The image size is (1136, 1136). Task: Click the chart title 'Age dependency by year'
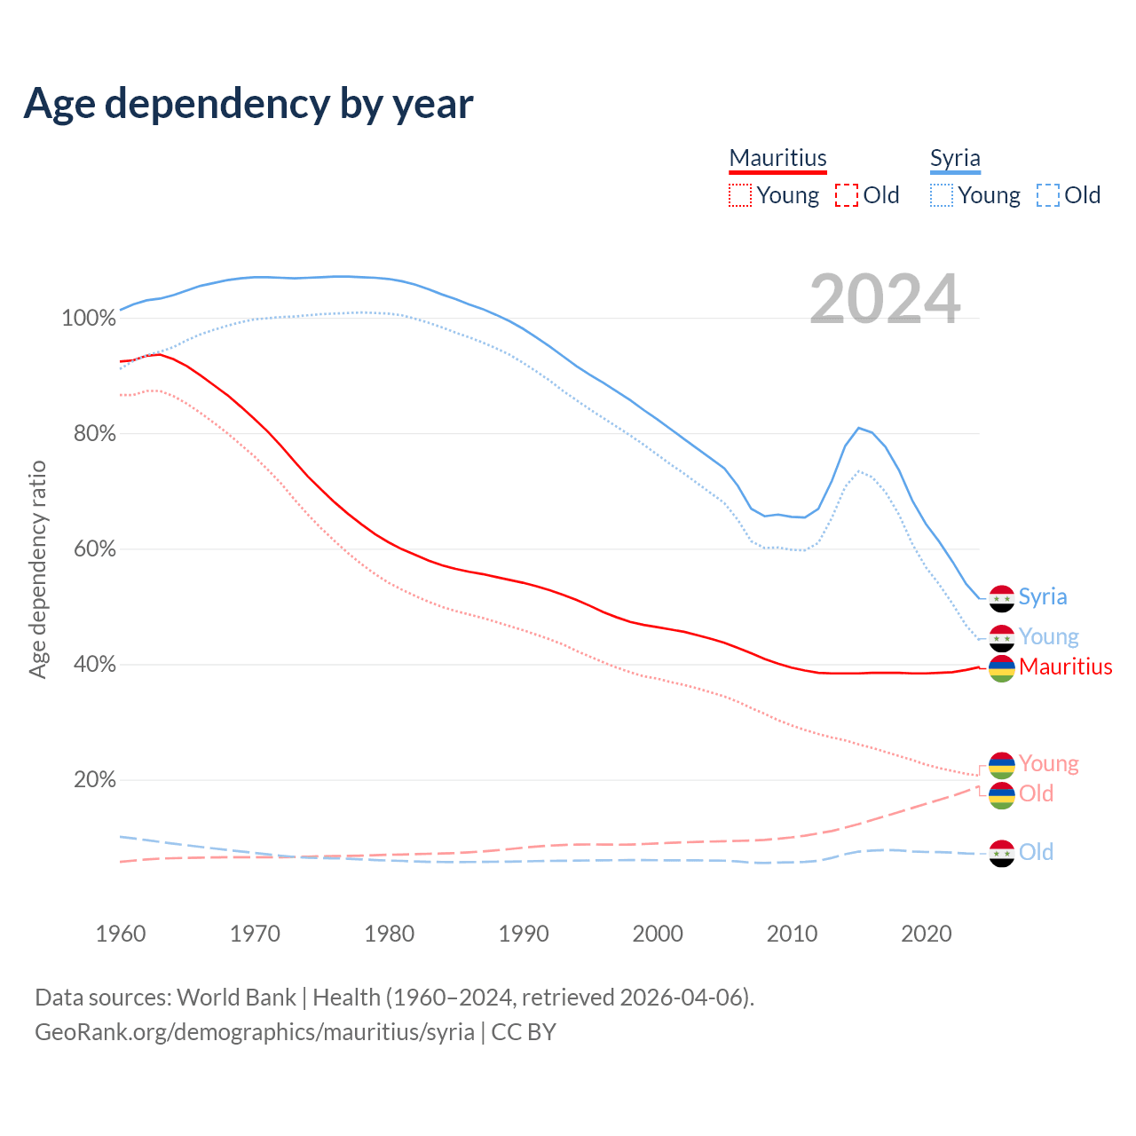point(248,104)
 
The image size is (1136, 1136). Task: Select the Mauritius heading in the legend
point(777,158)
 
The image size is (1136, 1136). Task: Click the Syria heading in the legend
point(955,158)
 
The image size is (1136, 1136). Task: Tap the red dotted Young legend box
point(739,195)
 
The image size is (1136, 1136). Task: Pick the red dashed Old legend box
point(847,195)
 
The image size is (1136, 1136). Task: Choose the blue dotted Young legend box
point(942,195)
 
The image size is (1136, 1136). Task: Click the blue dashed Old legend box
point(1048,195)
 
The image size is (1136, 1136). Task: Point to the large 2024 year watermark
point(885,299)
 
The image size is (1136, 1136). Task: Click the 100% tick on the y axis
point(89,319)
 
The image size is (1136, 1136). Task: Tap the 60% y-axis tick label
point(94,549)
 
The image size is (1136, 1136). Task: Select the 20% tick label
point(94,780)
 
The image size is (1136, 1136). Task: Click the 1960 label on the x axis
point(121,934)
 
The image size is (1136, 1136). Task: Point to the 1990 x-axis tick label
point(524,934)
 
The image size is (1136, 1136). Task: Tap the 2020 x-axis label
point(927,934)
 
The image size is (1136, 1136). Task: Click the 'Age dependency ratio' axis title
point(37,569)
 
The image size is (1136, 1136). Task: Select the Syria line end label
point(1043,596)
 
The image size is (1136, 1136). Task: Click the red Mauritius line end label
point(1066,667)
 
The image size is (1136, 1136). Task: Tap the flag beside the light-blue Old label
point(1002,853)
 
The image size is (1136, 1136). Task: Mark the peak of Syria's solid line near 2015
point(858,428)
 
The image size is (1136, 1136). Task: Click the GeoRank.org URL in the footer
point(255,1032)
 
